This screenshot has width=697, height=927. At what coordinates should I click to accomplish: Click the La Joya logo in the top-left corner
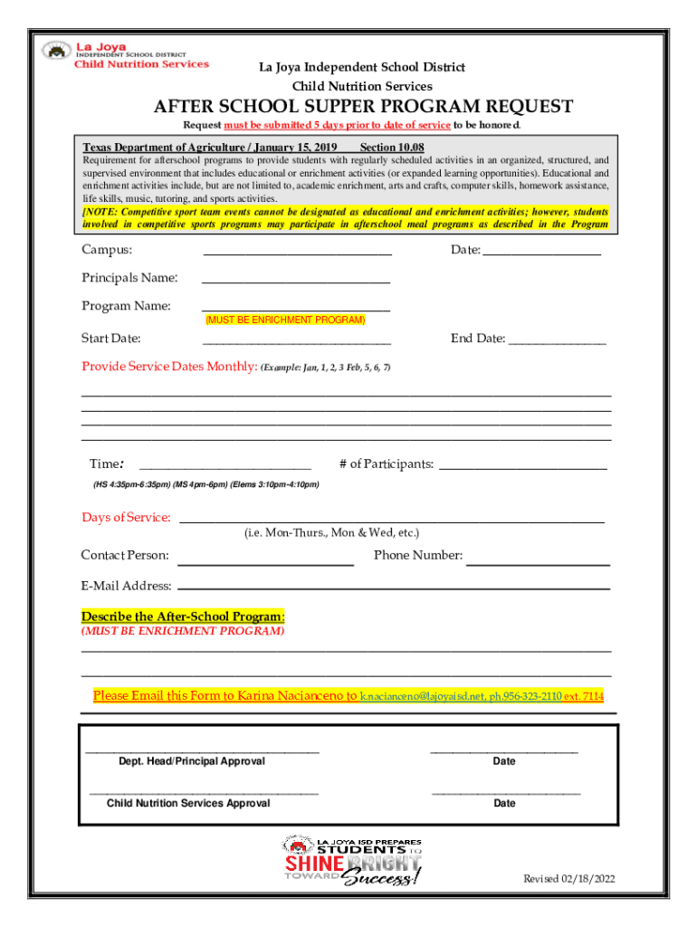127,54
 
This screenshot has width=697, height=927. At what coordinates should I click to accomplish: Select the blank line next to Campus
297,254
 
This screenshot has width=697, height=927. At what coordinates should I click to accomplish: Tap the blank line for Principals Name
295,282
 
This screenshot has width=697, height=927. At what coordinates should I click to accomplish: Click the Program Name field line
295,310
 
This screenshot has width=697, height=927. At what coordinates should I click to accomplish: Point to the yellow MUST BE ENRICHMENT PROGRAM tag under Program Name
285,320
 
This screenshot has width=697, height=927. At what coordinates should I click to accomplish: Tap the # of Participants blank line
522,468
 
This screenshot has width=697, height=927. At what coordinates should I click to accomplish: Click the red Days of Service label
126,518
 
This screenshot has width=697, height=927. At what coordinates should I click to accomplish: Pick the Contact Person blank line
268,565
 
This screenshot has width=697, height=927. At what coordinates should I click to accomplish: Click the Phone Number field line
538,565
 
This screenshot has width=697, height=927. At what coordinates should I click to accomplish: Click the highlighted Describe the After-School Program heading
183,616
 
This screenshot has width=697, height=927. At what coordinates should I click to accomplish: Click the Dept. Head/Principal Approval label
192,761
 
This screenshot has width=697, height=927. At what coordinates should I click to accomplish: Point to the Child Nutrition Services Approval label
188,803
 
